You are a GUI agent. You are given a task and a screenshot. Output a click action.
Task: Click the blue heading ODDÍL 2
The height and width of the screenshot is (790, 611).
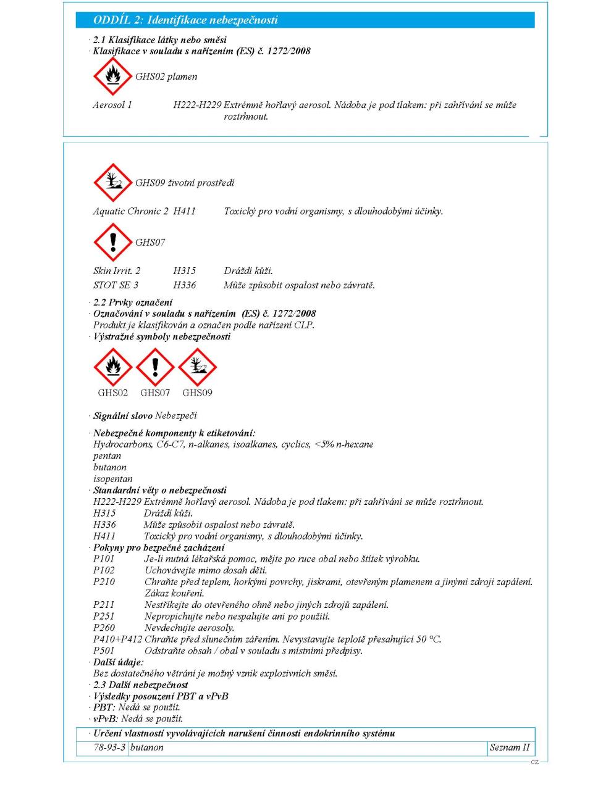[x=185, y=20]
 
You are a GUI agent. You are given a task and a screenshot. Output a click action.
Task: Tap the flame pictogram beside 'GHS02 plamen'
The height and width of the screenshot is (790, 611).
[x=112, y=77]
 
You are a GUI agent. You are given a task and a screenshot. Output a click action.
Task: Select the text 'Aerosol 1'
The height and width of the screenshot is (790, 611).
[x=112, y=105]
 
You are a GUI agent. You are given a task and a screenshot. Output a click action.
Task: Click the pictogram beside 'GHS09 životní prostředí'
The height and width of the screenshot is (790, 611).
[x=112, y=183]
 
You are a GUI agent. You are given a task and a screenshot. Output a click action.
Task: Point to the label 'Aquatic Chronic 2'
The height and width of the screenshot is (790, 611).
[x=130, y=211]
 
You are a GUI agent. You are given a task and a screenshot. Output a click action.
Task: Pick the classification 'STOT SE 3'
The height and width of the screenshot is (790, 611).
[x=116, y=285]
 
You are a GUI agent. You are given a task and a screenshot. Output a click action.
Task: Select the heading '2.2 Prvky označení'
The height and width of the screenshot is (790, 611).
[x=132, y=302]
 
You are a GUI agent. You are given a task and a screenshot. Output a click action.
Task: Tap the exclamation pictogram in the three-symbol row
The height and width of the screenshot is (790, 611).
[x=155, y=367]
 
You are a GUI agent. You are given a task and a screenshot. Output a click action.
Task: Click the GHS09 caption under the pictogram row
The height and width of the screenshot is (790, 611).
[x=197, y=393]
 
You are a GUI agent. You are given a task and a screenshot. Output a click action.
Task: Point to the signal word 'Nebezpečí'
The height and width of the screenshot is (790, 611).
[x=176, y=416]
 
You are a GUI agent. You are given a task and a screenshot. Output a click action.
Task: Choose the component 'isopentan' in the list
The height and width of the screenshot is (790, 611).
[x=112, y=479]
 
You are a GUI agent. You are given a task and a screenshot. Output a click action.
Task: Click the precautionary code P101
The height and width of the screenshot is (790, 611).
[x=104, y=559]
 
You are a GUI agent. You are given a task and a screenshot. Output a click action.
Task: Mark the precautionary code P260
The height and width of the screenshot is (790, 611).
[x=104, y=628]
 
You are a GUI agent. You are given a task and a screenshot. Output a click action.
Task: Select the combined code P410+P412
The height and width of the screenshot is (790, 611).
[x=117, y=639]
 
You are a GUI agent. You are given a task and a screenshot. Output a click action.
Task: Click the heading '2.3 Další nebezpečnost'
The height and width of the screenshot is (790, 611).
[x=140, y=685]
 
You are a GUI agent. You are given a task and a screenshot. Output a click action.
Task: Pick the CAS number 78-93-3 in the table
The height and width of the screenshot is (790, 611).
[x=102, y=747]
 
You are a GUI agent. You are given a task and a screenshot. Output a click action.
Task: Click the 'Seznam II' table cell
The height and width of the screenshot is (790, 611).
[x=509, y=747]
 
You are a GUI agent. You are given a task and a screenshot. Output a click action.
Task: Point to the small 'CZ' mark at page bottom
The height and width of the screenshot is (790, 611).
[x=534, y=762]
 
